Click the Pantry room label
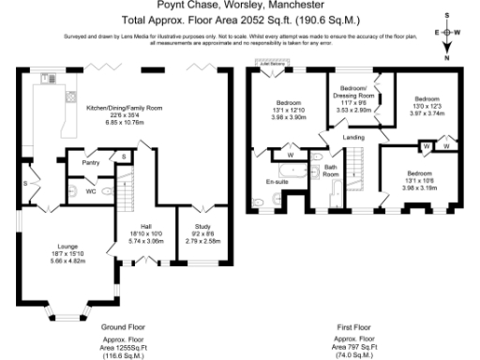tap(91, 163)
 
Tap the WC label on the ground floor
tap(91, 190)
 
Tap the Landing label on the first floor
tap(353, 138)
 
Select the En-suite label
tap(276, 181)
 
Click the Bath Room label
tap(331, 171)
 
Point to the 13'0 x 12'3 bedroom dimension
tap(427, 105)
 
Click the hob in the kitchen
tap(68, 97)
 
